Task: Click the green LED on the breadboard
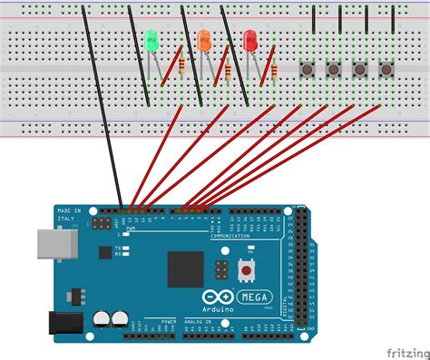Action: tap(151, 40)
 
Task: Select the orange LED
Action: tap(203, 40)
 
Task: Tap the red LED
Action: tap(250, 40)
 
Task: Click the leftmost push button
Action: tap(307, 68)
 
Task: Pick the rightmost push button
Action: tap(386, 68)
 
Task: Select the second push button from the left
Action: tap(333, 68)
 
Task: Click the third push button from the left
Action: tap(359, 68)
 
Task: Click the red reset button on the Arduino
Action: tap(245, 269)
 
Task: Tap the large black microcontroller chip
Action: tap(185, 269)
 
